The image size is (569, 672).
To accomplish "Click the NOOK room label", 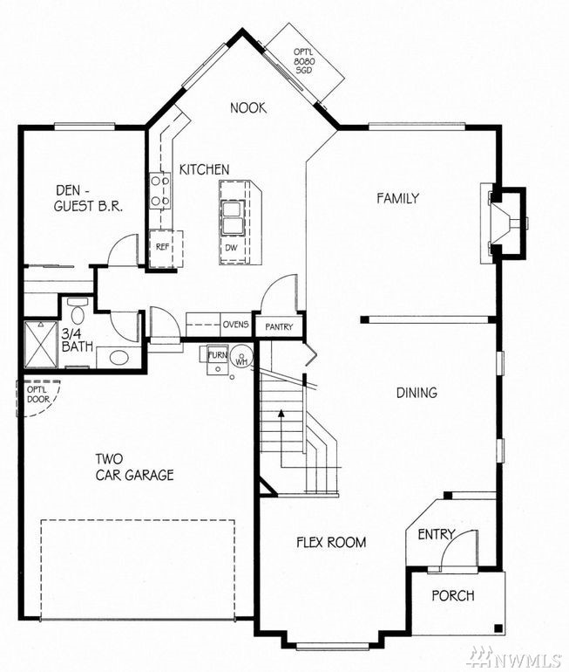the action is tap(248, 107).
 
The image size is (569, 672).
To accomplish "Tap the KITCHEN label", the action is tap(204, 169).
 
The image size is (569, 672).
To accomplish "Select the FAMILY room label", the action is tap(398, 198).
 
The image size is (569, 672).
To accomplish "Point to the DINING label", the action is tap(417, 393).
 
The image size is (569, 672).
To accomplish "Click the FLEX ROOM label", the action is tap(332, 542).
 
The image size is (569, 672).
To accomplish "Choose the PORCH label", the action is tap(453, 595).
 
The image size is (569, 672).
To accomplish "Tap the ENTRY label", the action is tap(437, 534).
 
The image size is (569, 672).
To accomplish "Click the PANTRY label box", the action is tap(279, 326).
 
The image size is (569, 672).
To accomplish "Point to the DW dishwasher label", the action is tap(231, 248).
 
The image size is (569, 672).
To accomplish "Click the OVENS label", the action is tap(236, 325).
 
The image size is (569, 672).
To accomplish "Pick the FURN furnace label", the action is tap(217, 355).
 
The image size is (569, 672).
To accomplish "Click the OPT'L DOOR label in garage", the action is tap(38, 394).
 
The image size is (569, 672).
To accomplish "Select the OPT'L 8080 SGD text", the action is tap(304, 61).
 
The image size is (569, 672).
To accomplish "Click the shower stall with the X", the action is tap(41, 344).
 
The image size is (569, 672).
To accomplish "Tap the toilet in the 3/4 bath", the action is tap(78, 312).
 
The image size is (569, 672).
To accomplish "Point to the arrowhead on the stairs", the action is tap(281, 413).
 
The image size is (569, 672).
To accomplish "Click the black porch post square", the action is tap(498, 628).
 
